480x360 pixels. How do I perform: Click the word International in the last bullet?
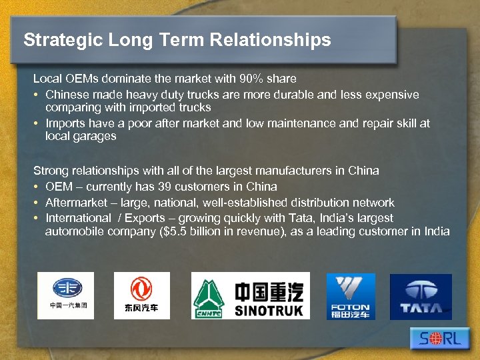(78, 218)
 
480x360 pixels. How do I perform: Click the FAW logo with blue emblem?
(65, 295)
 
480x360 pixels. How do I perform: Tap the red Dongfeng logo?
(141, 295)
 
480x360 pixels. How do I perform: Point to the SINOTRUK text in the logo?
(269, 310)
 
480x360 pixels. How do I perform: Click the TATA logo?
(421, 296)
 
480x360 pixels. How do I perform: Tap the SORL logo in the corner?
(441, 339)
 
